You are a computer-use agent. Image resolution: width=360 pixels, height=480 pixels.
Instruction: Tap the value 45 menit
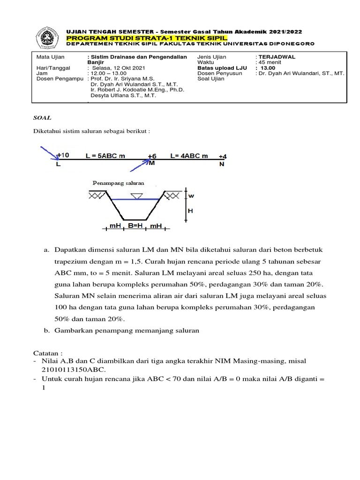(270, 62)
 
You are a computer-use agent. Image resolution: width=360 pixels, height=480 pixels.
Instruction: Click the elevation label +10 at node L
(63, 155)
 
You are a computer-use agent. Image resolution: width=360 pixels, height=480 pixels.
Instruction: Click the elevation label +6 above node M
(152, 156)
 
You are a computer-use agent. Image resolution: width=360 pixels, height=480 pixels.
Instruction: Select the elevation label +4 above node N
(223, 156)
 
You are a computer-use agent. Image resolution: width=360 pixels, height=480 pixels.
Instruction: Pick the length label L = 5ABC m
(105, 156)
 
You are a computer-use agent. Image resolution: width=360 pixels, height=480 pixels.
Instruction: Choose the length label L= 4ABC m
(189, 156)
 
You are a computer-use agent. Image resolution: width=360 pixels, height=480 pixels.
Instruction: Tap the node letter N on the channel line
(222, 165)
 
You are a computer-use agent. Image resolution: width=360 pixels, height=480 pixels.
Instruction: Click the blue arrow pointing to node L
(47, 153)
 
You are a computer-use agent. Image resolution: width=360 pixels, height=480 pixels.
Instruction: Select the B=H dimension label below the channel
(136, 225)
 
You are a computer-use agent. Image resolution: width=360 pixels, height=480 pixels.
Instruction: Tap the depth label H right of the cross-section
(190, 211)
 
